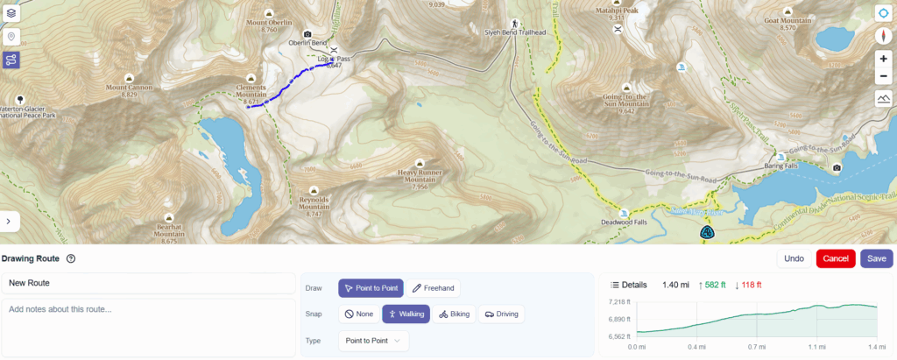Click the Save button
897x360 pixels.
(877, 258)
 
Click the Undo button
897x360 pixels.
(794, 258)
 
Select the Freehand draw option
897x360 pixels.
(433, 288)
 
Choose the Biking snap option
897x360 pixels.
(454, 314)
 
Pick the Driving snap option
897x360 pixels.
(500, 314)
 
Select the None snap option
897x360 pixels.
(359, 314)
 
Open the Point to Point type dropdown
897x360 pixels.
(372, 340)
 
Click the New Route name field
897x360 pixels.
(148, 283)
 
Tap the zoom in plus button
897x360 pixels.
(884, 59)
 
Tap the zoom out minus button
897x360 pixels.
(884, 76)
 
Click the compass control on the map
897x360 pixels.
(884, 36)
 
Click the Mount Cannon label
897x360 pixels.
(130, 88)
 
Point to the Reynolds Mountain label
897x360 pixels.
(314, 204)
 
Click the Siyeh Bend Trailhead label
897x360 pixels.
(515, 32)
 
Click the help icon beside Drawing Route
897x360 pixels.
(71, 258)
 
